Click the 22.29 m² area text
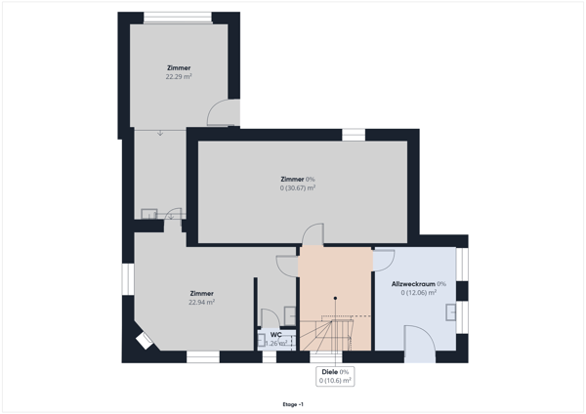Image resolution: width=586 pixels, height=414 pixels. pyautogui.click(x=179, y=76)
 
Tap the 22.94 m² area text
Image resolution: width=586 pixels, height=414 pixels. pyautogui.click(x=201, y=303)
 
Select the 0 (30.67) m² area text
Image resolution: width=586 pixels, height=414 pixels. pyautogui.click(x=298, y=187)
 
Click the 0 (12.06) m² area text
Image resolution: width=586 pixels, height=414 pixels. pyautogui.click(x=418, y=292)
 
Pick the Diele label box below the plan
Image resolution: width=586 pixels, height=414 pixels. pyautogui.click(x=335, y=376)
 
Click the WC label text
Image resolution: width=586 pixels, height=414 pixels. pyautogui.click(x=276, y=334)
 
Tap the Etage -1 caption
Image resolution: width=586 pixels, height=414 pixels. pyautogui.click(x=292, y=403)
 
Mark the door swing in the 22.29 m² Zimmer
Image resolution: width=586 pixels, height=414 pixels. pyautogui.click(x=222, y=111)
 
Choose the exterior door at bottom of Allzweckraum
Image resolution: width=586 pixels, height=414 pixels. pyautogui.click(x=421, y=346)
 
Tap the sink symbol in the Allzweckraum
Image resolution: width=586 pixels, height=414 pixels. pyautogui.click(x=451, y=312)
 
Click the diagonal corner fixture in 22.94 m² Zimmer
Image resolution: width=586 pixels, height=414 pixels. pyautogui.click(x=144, y=340)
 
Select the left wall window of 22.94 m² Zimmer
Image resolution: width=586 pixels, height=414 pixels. pyautogui.click(x=125, y=279)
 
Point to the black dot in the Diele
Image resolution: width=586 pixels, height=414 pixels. pyautogui.click(x=335, y=299)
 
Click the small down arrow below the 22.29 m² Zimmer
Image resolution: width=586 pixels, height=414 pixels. pyautogui.click(x=161, y=133)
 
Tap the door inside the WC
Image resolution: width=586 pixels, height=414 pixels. pyautogui.click(x=265, y=317)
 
